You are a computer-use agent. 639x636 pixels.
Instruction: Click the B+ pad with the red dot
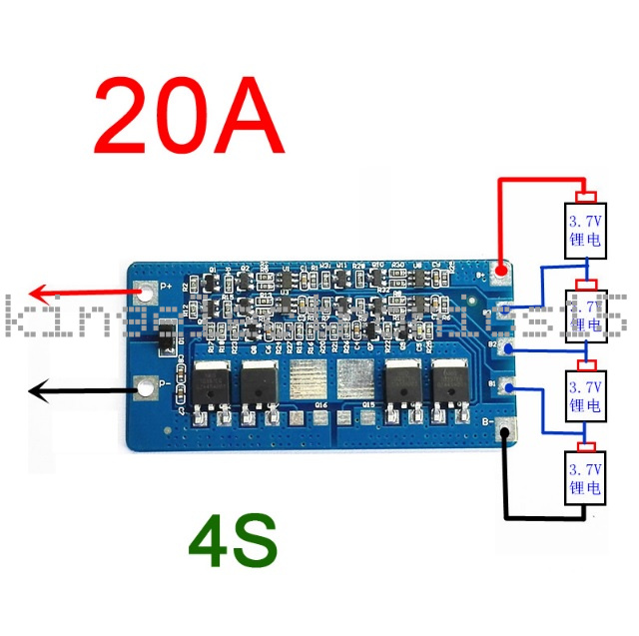tap(505, 271)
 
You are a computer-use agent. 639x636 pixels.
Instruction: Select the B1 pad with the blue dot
tap(508, 388)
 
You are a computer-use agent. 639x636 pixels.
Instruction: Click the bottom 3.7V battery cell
tap(585, 478)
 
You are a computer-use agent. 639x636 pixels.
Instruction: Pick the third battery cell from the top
tap(585, 395)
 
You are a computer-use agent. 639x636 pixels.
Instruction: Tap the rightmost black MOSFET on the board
tap(450, 385)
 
